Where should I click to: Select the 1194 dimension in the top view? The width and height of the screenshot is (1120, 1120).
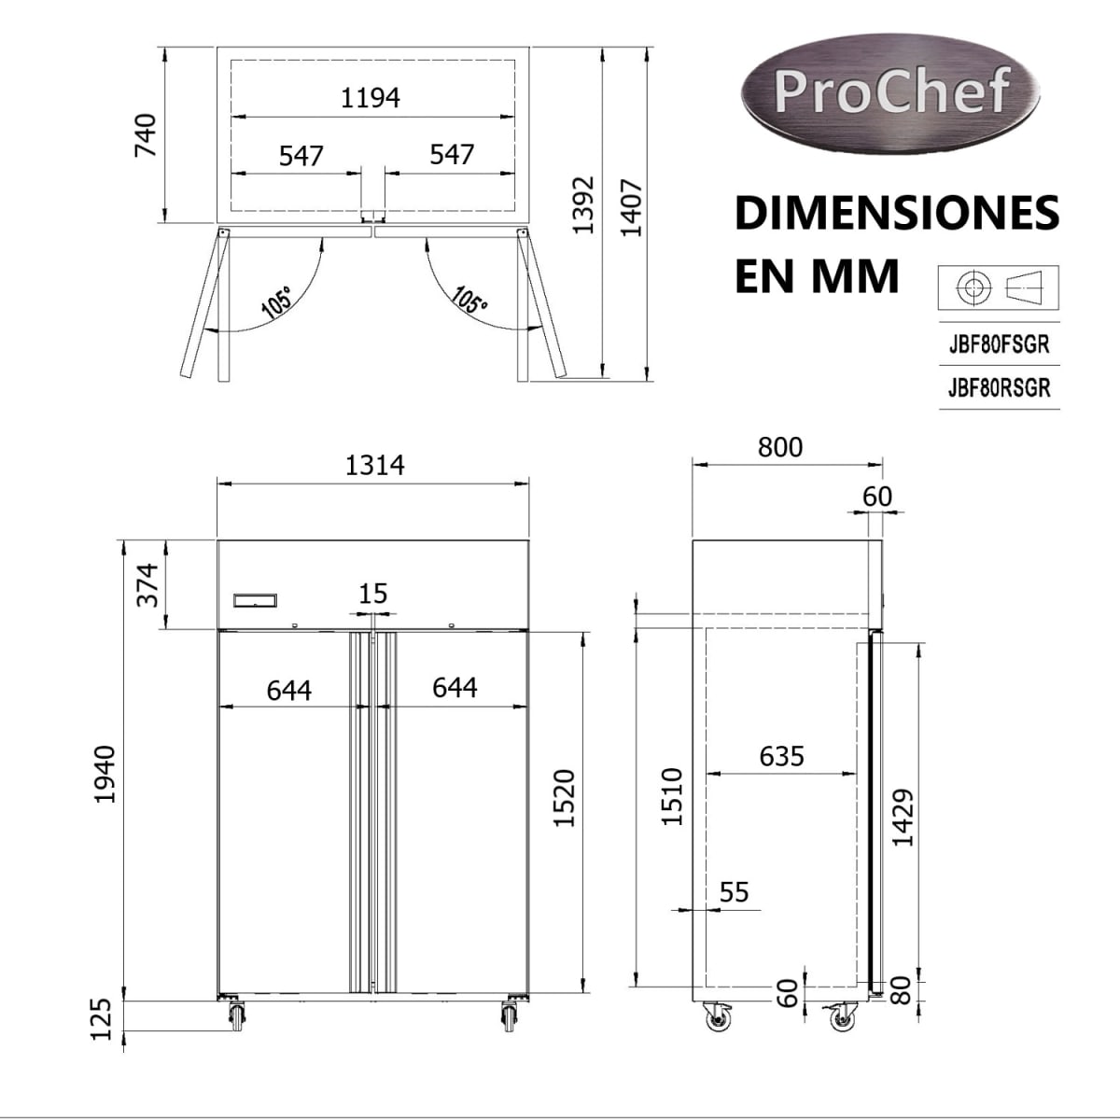(x=370, y=97)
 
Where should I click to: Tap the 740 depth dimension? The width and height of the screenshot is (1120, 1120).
(x=146, y=134)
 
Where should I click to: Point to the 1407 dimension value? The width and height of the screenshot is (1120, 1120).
(x=632, y=207)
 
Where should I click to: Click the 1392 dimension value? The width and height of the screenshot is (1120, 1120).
(x=583, y=204)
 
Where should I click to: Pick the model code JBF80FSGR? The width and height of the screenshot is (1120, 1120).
(x=999, y=344)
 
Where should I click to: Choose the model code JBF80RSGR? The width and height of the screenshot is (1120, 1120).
(x=999, y=387)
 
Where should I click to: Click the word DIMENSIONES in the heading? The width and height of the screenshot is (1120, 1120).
(x=897, y=214)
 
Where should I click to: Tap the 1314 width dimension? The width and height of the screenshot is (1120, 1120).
(x=374, y=464)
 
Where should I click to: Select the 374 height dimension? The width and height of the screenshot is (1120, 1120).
(x=148, y=584)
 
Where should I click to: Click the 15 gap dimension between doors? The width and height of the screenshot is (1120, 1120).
(x=372, y=594)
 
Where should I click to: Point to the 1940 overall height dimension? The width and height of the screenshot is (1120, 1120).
(x=105, y=774)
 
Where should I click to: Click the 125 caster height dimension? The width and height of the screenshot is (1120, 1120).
(x=103, y=1018)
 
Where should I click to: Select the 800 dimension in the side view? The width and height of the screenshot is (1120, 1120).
(x=779, y=447)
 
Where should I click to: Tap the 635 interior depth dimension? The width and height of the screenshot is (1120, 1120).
(x=781, y=755)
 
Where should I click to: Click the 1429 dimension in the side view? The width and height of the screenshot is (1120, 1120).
(x=903, y=818)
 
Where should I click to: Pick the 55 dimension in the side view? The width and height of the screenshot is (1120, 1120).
(x=734, y=892)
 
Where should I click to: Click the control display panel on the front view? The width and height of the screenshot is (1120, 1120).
(x=255, y=601)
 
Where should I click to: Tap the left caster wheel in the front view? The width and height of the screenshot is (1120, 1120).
(x=235, y=1015)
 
